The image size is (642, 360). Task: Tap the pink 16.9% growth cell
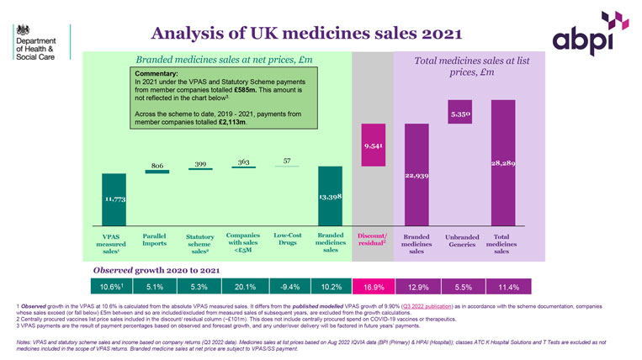[371, 286]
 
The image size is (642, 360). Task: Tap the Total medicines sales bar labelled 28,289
[502, 164]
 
